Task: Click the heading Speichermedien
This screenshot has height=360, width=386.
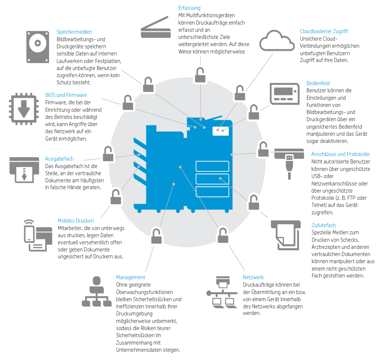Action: (x=74, y=32)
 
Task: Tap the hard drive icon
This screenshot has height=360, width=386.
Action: (x=38, y=47)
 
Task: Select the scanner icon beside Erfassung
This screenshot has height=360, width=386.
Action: (x=156, y=27)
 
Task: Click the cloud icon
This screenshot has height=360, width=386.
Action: (x=277, y=41)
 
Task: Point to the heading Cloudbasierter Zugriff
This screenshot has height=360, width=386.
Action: (x=324, y=31)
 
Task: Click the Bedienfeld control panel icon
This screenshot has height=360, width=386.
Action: (x=285, y=94)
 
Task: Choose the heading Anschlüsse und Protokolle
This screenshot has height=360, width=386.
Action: (x=340, y=154)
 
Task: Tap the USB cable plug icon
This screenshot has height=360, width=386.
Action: (x=289, y=164)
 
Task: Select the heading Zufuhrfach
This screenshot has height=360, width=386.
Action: (x=323, y=225)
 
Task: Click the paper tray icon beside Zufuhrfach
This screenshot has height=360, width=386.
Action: (x=286, y=235)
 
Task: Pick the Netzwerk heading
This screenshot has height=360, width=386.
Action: (x=253, y=277)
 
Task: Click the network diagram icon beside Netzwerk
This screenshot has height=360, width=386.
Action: (x=222, y=292)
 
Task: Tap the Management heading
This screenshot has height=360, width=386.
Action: (x=130, y=277)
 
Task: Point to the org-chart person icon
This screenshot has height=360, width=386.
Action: (x=96, y=291)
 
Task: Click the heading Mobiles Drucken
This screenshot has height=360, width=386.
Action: (x=76, y=221)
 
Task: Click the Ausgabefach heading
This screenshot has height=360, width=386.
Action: (x=59, y=159)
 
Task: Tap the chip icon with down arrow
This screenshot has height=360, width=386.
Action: (x=24, y=109)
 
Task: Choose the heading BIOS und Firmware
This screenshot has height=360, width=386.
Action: (x=66, y=95)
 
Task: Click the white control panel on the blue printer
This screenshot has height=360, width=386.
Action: (x=221, y=131)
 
